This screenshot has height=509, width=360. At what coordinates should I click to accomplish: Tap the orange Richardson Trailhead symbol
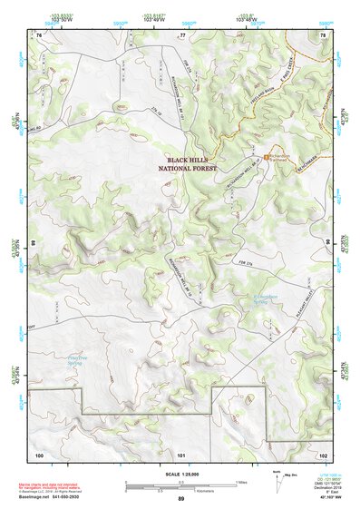(x=266, y=155)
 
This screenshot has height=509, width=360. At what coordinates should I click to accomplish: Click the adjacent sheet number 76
(x=38, y=34)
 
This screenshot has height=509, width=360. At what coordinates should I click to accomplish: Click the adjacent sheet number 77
(x=181, y=34)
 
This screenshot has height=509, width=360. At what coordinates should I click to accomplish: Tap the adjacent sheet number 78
(x=323, y=34)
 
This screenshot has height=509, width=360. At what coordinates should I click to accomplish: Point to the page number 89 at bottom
(x=181, y=499)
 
